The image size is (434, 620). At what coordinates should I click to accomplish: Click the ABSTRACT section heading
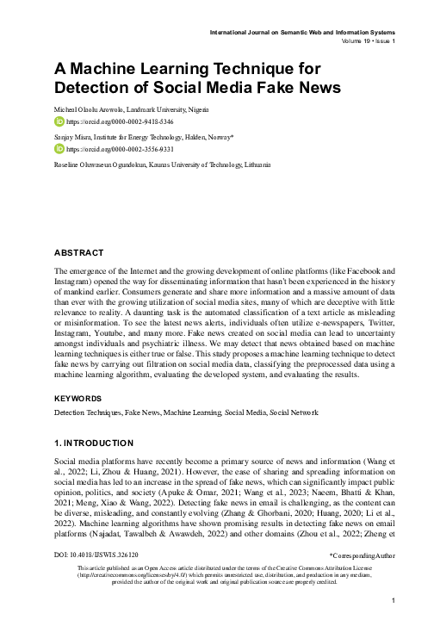point(79,252)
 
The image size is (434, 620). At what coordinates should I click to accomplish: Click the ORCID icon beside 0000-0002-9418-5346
point(59,123)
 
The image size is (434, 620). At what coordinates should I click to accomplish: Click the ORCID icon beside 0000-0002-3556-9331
point(59,148)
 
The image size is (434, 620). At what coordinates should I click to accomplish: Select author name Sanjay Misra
point(76,136)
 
